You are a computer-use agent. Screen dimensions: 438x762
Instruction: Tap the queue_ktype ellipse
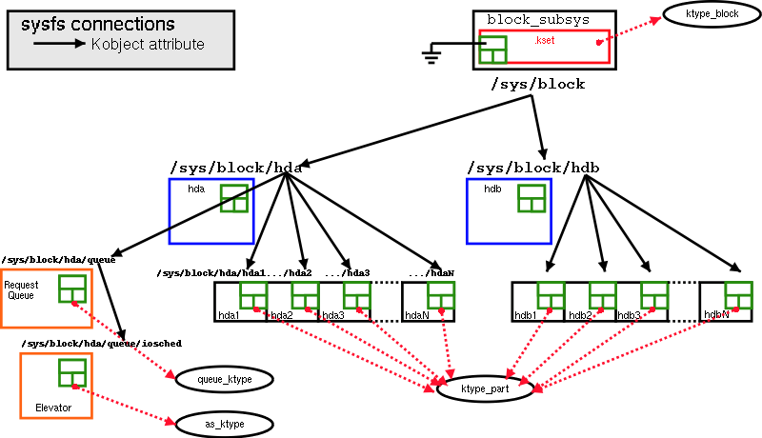[x=224, y=379]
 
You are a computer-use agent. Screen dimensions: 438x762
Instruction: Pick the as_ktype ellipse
[x=224, y=422]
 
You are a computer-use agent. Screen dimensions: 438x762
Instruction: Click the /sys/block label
[x=537, y=85]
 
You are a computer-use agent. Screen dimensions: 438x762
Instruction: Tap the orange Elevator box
[x=55, y=385]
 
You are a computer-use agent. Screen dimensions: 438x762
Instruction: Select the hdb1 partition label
[x=526, y=315]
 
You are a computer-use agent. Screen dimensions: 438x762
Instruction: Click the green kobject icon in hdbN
[x=738, y=295]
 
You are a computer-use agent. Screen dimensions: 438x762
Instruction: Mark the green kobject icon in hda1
[x=252, y=295]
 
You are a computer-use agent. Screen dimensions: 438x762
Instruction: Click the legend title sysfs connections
[x=97, y=25]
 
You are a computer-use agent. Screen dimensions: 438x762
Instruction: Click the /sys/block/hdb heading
[x=533, y=168]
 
